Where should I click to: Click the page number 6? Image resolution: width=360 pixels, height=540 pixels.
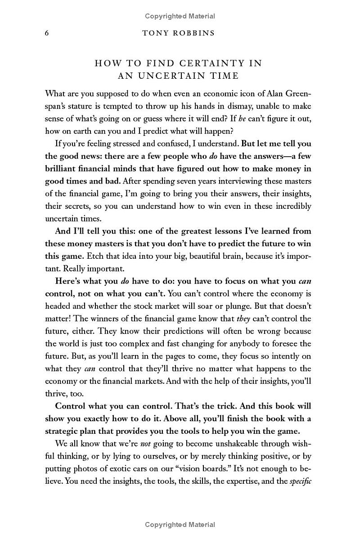coord(47,33)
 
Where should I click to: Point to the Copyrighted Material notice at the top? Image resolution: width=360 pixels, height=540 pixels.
coord(180,16)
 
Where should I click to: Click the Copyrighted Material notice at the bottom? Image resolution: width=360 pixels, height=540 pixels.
coord(180,524)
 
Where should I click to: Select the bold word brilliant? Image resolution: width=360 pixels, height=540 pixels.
coord(63,169)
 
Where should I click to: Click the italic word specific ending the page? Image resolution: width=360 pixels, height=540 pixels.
coord(300,469)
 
